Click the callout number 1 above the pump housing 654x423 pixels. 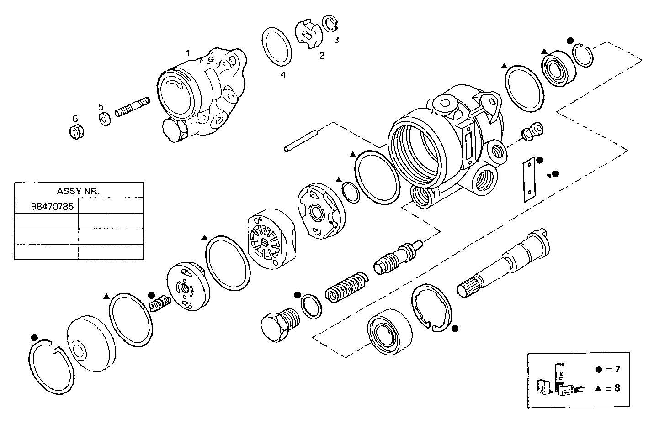(187, 53)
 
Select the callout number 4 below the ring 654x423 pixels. (283, 75)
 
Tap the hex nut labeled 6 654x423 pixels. (74, 132)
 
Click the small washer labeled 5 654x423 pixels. (104, 119)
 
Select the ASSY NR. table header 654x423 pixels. (78, 191)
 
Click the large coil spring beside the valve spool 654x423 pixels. (346, 288)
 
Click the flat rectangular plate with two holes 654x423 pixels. (528, 179)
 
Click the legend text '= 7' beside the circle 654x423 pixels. (613, 369)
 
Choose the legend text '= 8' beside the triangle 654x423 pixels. (613, 388)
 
